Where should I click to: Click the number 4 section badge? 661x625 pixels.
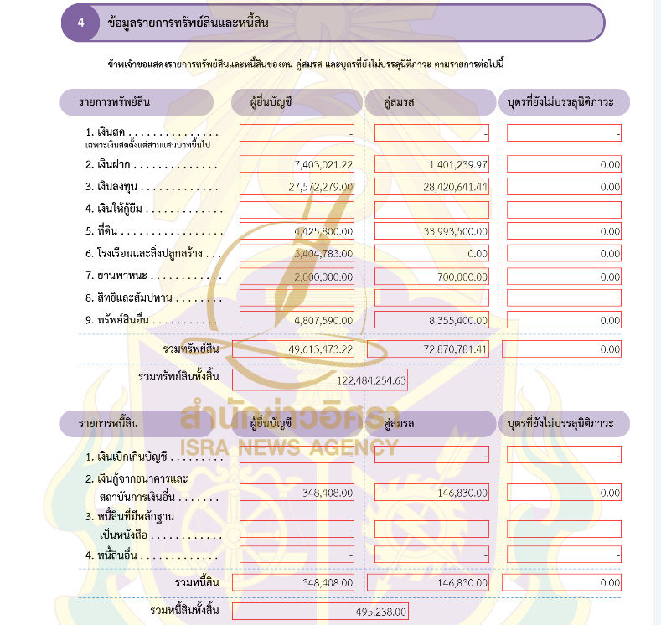[80, 23]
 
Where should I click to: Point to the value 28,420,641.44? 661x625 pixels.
[452, 187]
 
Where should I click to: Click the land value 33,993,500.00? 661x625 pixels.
[453, 231]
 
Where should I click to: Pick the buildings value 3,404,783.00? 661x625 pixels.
[323, 253]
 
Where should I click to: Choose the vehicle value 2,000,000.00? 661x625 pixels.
[323, 276]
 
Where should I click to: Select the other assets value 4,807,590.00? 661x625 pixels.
[323, 320]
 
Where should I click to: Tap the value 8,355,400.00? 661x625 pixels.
[456, 320]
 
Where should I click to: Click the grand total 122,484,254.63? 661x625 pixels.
[369, 380]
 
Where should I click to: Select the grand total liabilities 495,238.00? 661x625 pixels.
[381, 612]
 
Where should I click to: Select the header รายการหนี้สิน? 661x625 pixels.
[110, 424]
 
